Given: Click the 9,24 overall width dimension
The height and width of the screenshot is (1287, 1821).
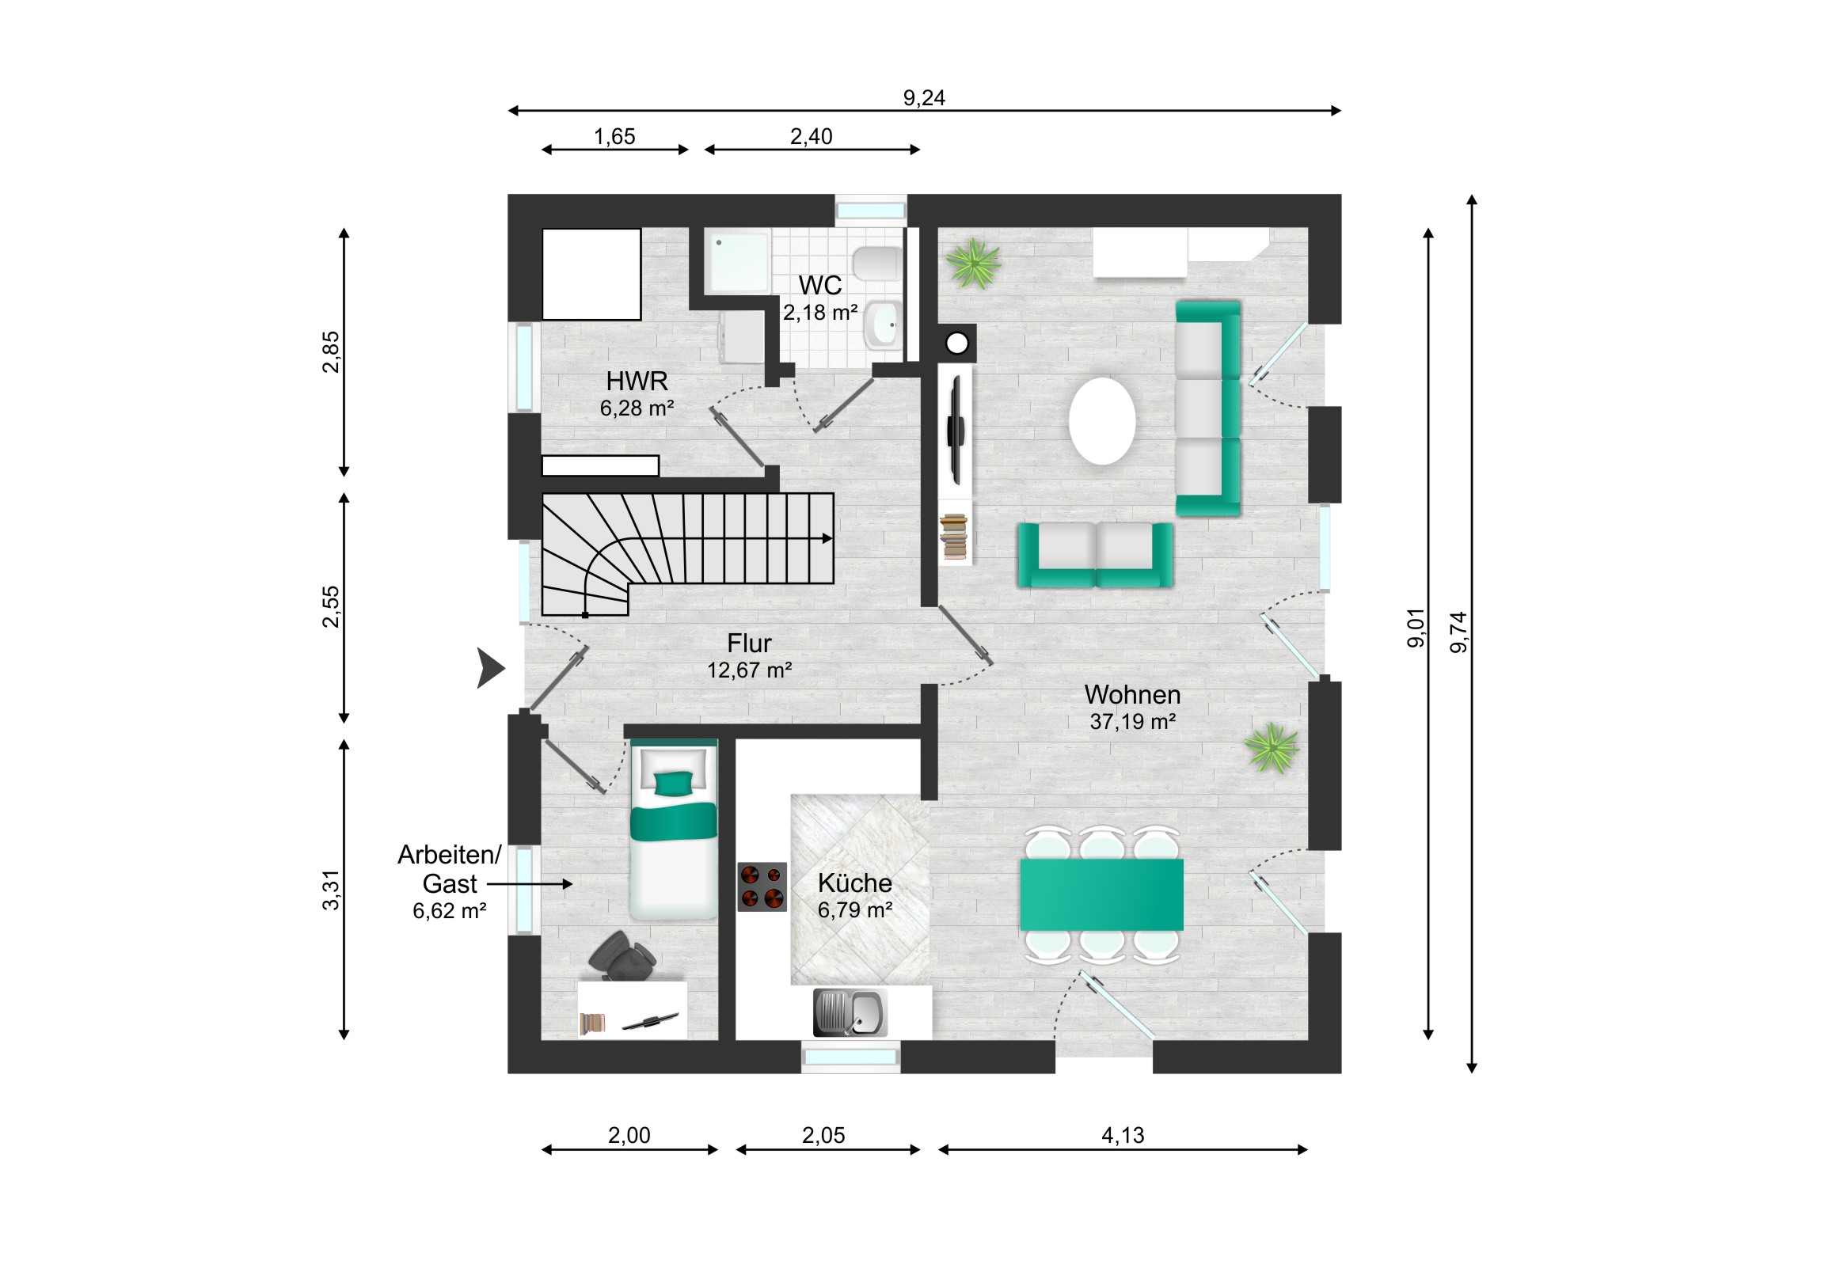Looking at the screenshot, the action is point(924,97).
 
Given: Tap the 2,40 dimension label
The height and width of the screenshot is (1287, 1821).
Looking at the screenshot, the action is point(812,136).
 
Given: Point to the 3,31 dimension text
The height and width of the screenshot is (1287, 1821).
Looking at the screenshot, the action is point(331,890).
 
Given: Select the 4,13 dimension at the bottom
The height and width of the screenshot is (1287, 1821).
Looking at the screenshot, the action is point(1123,1136).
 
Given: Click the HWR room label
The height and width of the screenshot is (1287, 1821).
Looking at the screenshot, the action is point(637,382).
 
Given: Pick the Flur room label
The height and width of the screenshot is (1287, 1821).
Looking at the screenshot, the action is point(750,643).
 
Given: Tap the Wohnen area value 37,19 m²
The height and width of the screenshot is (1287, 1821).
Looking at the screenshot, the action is point(1132,722).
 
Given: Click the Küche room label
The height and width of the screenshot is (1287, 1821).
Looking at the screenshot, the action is point(855,883).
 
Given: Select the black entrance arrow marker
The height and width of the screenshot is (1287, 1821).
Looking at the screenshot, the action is point(490,668).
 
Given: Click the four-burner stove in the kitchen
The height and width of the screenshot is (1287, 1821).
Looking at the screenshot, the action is point(762,887).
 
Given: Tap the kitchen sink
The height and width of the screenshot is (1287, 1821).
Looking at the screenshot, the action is point(850,1012).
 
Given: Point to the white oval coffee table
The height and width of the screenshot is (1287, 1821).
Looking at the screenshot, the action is point(1101,421).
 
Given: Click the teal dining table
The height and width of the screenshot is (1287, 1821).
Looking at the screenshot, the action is point(1101,894).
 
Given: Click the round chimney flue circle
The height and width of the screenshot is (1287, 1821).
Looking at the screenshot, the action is point(957,344).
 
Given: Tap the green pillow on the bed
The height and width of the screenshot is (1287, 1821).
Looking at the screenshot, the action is point(673,784).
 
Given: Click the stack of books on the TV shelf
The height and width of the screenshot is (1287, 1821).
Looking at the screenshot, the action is point(954,537).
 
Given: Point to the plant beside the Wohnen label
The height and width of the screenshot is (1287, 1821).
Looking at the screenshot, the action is point(1272,747).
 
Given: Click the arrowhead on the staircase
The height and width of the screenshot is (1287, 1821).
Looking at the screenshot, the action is point(827,538).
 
